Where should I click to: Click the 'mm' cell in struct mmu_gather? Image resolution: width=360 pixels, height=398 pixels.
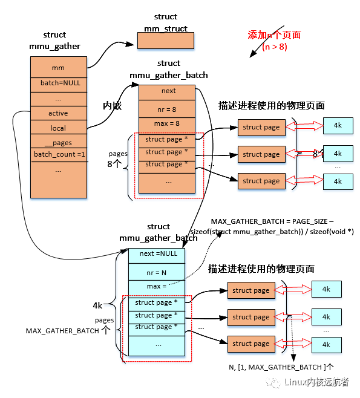pos(58,68)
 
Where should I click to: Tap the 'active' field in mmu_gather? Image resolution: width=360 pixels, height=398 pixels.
pos(58,113)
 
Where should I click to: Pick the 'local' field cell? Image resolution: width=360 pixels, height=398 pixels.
pos(58,128)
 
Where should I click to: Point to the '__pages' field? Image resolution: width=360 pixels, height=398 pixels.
pos(58,143)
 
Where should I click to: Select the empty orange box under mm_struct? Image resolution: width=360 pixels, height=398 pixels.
pos(165,41)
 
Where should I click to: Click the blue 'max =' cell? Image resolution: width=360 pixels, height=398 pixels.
pos(156,285)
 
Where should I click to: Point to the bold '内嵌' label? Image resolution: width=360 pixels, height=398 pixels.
pos(113,106)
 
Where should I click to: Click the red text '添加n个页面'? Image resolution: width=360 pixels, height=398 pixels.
pos(274,35)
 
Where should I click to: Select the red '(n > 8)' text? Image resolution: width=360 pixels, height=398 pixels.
pos(275,47)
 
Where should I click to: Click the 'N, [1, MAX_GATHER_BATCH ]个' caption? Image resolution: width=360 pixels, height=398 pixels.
pos(281,367)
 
